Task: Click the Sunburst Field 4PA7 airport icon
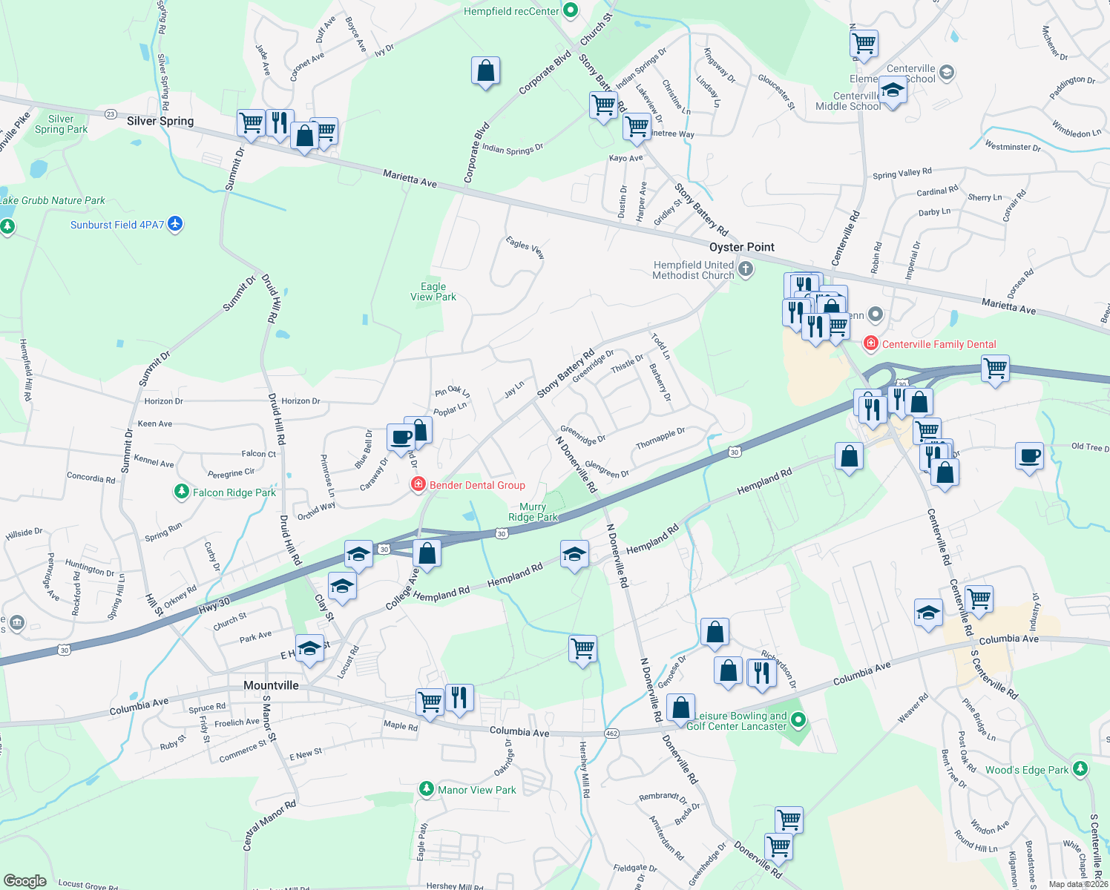175,224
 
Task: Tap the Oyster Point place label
741,247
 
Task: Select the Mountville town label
271,685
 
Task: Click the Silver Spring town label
160,121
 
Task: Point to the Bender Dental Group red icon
418,484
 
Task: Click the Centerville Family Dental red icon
870,343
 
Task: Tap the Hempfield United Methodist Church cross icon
746,269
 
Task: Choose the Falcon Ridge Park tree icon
181,492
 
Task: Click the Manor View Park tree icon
426,789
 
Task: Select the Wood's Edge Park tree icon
1080,769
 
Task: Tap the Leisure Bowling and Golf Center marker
798,719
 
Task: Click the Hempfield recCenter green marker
571,10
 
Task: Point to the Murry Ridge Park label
533,512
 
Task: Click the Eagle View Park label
433,291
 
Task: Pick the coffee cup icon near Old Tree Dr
1029,456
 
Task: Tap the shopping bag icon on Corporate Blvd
485,71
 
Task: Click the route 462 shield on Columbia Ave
611,734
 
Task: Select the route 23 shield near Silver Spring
111,113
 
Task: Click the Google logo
24,881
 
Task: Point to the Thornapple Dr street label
660,438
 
